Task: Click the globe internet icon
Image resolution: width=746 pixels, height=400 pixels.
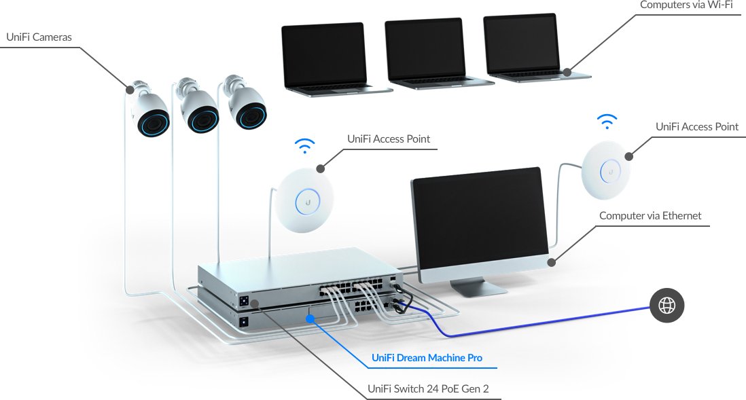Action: tap(667, 306)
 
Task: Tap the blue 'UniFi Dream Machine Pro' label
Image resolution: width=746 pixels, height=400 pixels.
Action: tap(427, 358)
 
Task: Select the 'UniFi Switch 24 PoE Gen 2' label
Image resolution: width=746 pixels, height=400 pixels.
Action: tap(428, 390)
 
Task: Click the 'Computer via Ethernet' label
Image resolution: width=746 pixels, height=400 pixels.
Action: tap(650, 216)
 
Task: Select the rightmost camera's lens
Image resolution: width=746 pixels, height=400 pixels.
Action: tap(250, 115)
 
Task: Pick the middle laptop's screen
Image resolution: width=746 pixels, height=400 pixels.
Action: tap(425, 50)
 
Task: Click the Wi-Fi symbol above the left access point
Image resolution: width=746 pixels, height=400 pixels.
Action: tap(305, 146)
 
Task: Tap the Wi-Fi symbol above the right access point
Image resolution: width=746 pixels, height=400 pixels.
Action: tap(607, 122)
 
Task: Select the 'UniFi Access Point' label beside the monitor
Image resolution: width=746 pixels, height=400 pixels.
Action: tap(696, 127)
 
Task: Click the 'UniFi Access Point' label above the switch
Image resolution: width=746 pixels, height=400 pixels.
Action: tap(389, 139)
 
